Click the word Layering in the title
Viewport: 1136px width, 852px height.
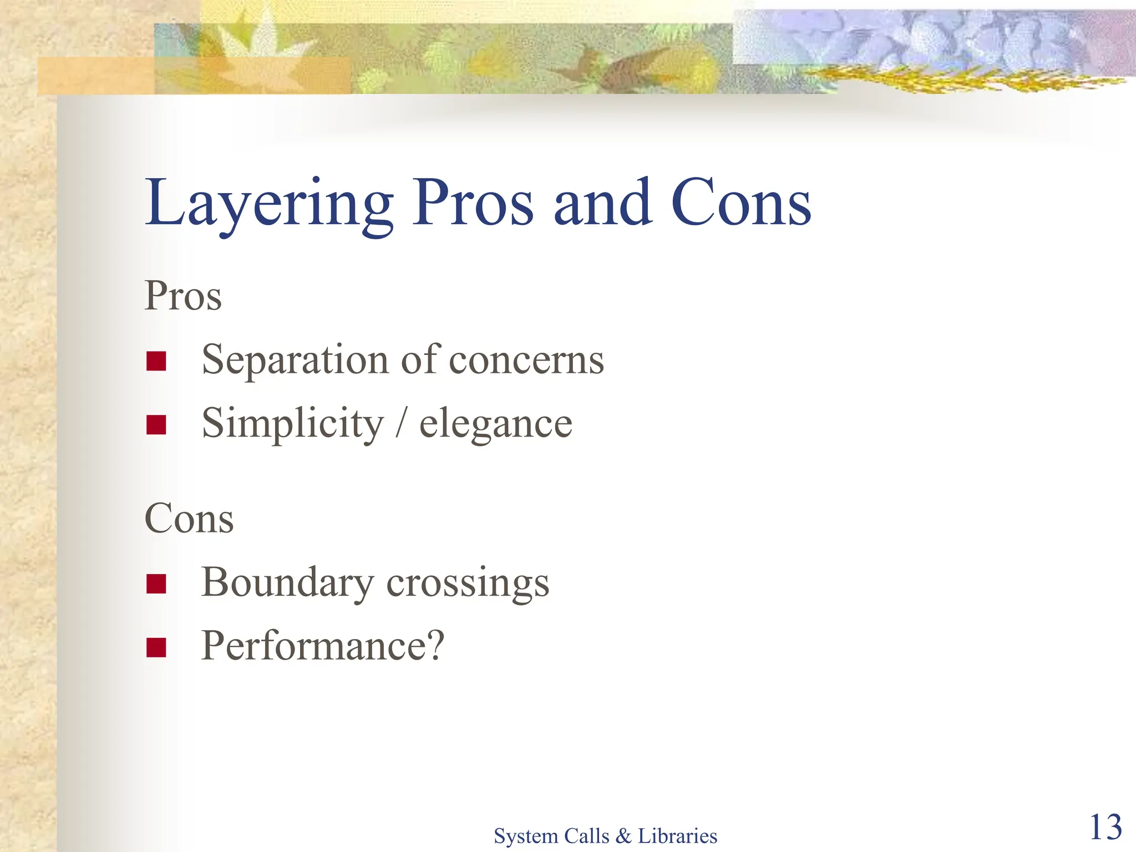coord(269,204)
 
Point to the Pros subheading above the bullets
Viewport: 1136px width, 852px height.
coord(183,296)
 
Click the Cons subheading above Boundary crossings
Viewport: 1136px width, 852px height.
coord(189,518)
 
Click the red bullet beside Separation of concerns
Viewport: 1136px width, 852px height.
coord(156,361)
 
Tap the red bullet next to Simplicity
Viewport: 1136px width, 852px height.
coord(156,425)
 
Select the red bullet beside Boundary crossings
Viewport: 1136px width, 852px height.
coord(156,584)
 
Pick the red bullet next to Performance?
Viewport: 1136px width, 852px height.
coord(156,647)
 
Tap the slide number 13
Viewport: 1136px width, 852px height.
coord(1105,827)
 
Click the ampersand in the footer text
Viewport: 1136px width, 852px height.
coord(623,836)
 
